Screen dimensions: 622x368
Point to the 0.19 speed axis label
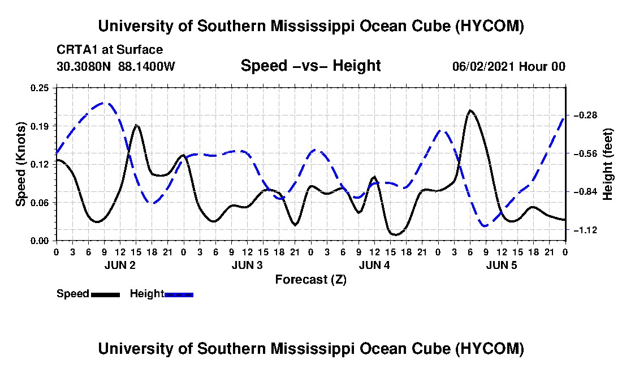click(x=40, y=126)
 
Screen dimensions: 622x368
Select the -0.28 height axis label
click(x=585, y=115)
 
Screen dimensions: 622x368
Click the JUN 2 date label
click(x=120, y=265)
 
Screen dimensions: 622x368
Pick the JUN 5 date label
click(x=502, y=265)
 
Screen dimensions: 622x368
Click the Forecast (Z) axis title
click(x=311, y=280)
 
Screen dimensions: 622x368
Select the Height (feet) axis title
click(x=608, y=164)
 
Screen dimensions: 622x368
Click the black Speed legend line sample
click(x=106, y=294)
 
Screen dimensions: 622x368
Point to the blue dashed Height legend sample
click(x=179, y=294)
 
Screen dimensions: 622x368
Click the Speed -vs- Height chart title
click(x=311, y=66)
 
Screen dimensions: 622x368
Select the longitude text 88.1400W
click(x=146, y=66)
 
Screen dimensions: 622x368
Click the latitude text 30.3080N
click(x=84, y=66)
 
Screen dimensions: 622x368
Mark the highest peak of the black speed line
click(x=470, y=110)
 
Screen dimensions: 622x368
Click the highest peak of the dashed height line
click(x=105, y=102)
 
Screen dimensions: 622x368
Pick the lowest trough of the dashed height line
click(x=485, y=226)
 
